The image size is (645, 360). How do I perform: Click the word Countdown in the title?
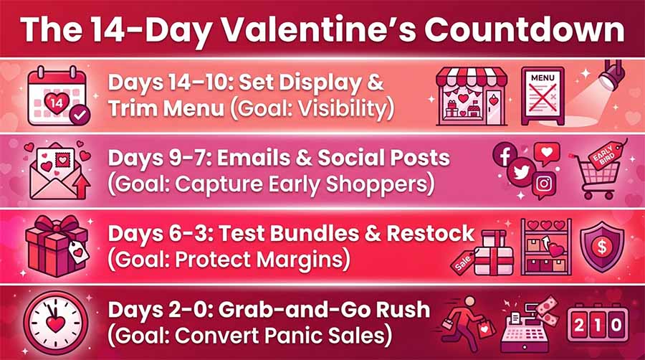coord(524,30)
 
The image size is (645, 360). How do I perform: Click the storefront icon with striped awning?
coord(472,96)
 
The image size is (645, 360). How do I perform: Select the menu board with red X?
coord(543,96)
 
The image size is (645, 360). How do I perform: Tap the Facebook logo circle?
coord(505,154)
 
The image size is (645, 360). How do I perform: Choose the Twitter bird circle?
coord(521,172)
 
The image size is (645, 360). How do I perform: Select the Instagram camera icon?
coord(544,184)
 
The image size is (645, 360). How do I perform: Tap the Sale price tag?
coord(463,261)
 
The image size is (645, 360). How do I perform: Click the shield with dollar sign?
coord(602,247)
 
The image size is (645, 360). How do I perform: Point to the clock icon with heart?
coord(55,323)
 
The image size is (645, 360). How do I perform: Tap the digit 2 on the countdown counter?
coord(579,325)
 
